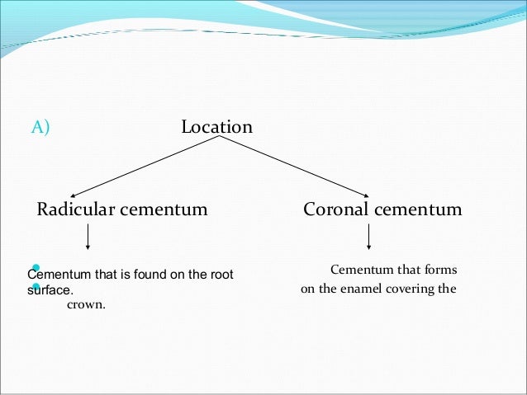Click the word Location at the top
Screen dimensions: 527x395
pyautogui.click(x=217, y=127)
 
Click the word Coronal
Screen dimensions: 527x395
pyautogui.click(x=336, y=209)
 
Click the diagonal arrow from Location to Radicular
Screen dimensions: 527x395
pyautogui.click(x=145, y=165)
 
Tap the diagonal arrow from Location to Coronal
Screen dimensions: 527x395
pyautogui.click(x=292, y=165)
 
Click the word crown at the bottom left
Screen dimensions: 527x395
pyautogui.click(x=86, y=304)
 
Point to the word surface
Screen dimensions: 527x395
pyautogui.click(x=49, y=290)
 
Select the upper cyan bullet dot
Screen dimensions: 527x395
pyautogui.click(x=36, y=267)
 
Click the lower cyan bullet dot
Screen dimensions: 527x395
pyautogui.click(x=36, y=286)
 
